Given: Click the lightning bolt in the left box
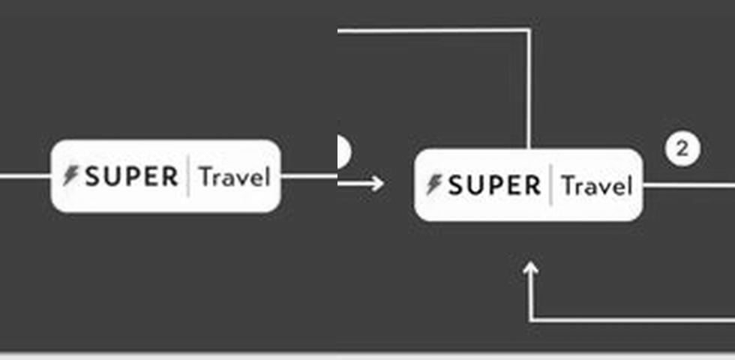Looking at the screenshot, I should tap(70, 176).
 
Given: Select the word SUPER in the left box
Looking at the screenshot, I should tap(131, 177).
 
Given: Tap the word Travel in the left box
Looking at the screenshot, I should tap(233, 178).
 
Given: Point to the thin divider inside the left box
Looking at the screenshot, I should tap(188, 177).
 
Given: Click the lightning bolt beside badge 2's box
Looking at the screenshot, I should tap(433, 184).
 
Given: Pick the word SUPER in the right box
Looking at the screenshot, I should tap(494, 185).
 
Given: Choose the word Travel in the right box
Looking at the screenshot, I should tap(597, 186).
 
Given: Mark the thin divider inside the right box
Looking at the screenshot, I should tap(551, 185).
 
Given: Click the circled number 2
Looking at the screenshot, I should tap(682, 148).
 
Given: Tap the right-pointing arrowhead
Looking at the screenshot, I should tap(376, 183).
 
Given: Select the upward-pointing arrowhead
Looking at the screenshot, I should tap(531, 270).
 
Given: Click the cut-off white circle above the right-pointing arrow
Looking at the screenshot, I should tap(343, 151).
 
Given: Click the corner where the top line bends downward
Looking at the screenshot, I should tap(529, 30).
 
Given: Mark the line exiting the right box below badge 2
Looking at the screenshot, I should tap(690, 185).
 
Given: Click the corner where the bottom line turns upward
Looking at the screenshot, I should tap(531, 320).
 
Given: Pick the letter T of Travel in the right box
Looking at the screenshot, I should tap(568, 185).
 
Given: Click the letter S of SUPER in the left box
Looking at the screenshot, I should tap(94, 177).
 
